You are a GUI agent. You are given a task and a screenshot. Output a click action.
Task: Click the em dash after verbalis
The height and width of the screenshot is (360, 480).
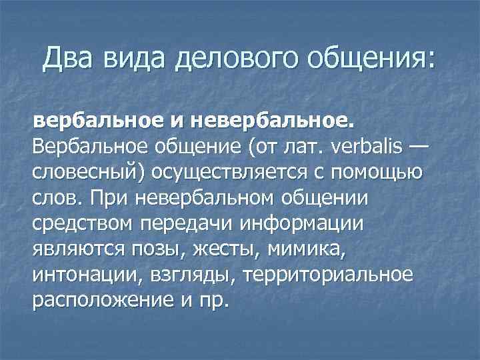(x=410, y=147)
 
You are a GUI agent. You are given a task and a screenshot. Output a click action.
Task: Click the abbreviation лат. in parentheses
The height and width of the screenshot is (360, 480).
(x=300, y=147)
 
